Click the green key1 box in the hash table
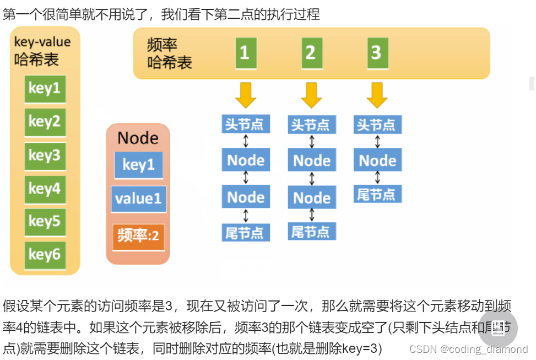pyautogui.click(x=45, y=89)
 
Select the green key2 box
pyautogui.click(x=45, y=122)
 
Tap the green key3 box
pyautogui.click(x=45, y=155)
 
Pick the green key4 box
pyautogui.click(x=45, y=189)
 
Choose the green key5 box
pyautogui.click(x=45, y=222)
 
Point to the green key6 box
pyautogui.click(x=45, y=255)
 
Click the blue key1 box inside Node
pyautogui.click(x=138, y=165)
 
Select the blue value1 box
pyautogui.click(x=138, y=199)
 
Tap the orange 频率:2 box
pyautogui.click(x=138, y=237)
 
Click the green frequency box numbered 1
pyautogui.click(x=246, y=53)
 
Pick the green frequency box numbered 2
pyautogui.click(x=311, y=53)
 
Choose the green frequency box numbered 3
pyautogui.click(x=377, y=53)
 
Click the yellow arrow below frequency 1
pyautogui.click(x=246, y=95)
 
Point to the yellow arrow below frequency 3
pyautogui.click(x=377, y=95)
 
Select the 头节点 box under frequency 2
pyautogui.click(x=311, y=125)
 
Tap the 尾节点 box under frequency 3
pyautogui.click(x=377, y=194)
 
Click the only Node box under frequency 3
pyautogui.click(x=377, y=160)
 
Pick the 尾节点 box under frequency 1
pyautogui.click(x=246, y=233)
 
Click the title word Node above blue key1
pyautogui.click(x=138, y=138)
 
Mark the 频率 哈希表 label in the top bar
pyautogui.click(x=170, y=53)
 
